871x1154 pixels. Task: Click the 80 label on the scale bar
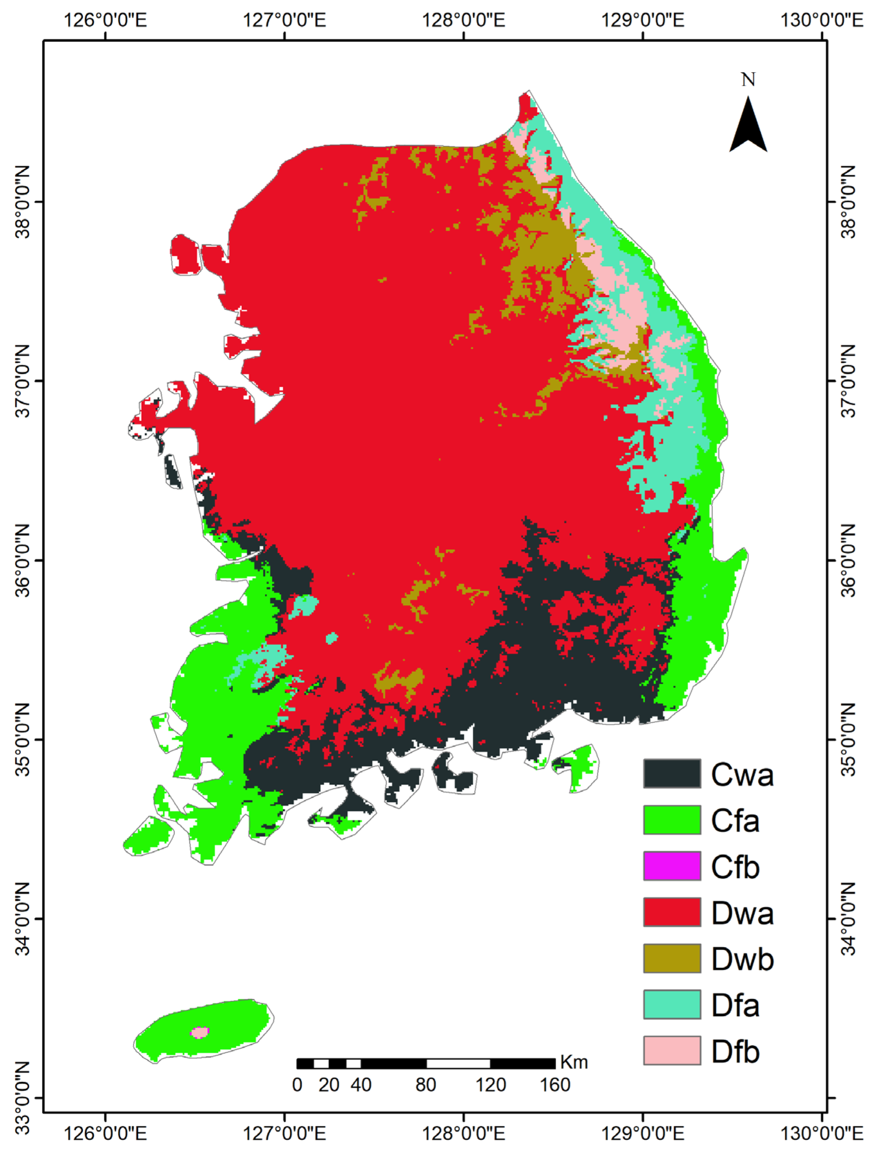tap(425, 1085)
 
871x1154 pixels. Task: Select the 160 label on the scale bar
tap(554, 1085)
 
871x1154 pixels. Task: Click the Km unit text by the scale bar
tap(574, 1062)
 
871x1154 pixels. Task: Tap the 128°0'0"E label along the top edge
tap(463, 20)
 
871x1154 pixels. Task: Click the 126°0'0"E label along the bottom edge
tap(106, 1133)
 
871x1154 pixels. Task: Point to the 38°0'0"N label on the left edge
tap(22, 202)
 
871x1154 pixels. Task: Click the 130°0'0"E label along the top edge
tap(821, 20)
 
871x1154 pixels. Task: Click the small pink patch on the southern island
tap(199, 1032)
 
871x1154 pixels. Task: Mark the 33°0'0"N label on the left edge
tap(22, 1098)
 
